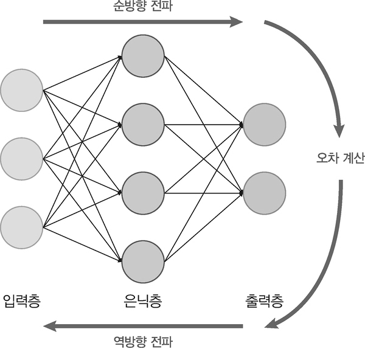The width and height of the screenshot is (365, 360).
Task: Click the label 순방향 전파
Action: click(142, 7)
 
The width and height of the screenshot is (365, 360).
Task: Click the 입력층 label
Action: click(21, 301)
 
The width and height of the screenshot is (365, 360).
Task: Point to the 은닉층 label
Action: click(142, 301)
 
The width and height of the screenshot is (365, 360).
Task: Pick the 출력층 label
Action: click(264, 301)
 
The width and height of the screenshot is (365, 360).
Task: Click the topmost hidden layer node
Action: click(143, 57)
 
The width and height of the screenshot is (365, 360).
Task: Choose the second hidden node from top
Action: click(143, 125)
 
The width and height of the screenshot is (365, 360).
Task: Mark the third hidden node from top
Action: click(143, 193)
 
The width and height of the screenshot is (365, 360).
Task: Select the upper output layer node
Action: click(264, 125)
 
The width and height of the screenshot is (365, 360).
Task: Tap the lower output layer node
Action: click(264, 193)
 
